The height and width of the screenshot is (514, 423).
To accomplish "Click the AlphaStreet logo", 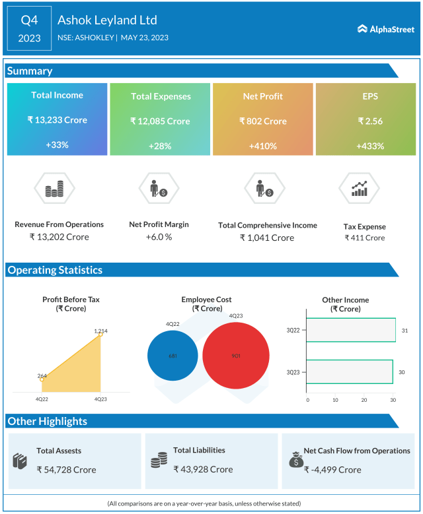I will click(x=385, y=29).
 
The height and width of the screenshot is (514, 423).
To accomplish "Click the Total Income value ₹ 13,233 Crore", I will click(x=57, y=120).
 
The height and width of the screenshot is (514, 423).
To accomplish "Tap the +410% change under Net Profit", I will click(x=262, y=146).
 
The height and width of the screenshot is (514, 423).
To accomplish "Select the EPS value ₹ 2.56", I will click(x=370, y=121).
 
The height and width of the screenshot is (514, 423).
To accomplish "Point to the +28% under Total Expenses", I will click(x=160, y=146).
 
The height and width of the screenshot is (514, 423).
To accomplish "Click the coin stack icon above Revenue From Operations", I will click(x=54, y=190).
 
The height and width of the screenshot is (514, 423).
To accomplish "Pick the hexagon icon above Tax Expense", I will click(x=360, y=189).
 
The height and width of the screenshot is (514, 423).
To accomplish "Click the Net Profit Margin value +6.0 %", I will click(x=159, y=237).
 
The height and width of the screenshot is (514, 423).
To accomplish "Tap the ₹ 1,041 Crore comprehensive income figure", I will click(x=267, y=238).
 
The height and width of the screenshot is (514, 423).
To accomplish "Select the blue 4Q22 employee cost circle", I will click(x=173, y=356).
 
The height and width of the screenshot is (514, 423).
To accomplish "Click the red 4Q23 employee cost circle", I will click(x=236, y=356).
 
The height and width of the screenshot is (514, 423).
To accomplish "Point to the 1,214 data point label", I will click(x=100, y=331).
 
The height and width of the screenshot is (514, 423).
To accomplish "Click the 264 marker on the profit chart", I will click(x=42, y=378).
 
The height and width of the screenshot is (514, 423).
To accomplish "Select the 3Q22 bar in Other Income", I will click(x=351, y=330).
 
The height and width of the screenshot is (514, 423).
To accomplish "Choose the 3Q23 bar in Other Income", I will click(x=350, y=372).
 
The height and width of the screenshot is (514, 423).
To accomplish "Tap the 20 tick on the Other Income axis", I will click(x=364, y=400).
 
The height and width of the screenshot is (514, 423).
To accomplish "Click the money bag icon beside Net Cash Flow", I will click(x=295, y=459).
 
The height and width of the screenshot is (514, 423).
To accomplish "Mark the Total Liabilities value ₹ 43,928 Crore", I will click(x=203, y=469).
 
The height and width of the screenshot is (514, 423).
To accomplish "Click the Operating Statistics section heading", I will click(x=55, y=270).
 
